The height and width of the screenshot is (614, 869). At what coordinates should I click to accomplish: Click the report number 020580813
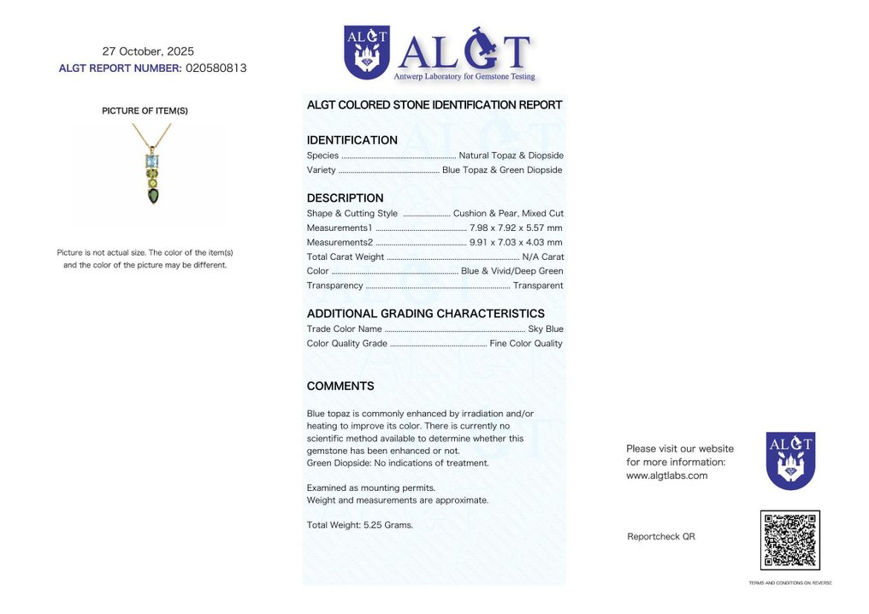point(216,68)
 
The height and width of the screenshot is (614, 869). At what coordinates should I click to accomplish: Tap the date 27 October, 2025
point(148,51)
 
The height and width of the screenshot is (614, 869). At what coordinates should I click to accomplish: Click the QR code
point(789,540)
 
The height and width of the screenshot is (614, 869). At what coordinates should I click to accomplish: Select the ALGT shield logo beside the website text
point(790,460)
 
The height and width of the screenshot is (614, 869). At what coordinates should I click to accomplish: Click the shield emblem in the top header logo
point(366,51)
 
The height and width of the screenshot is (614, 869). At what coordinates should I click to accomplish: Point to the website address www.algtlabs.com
point(667,475)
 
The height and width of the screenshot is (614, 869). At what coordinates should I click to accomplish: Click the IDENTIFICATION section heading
point(352,140)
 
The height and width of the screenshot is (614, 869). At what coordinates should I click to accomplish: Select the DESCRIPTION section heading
point(346,198)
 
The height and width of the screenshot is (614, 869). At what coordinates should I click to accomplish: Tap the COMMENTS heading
point(340,387)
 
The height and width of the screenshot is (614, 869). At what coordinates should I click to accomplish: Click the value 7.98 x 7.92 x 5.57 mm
point(516,227)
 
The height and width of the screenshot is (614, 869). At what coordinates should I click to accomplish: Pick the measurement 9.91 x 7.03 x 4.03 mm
point(516,242)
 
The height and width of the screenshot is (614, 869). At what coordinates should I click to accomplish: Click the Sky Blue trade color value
point(546,328)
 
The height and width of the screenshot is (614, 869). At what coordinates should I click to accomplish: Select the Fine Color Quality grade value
point(526,343)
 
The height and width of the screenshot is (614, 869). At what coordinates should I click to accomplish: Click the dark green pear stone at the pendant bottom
point(152,196)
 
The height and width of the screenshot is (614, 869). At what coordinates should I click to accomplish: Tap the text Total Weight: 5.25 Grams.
point(360,525)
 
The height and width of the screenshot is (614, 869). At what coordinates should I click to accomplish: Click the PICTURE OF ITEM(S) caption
point(145,110)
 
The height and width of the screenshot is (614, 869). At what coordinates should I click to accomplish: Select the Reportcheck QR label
point(661,536)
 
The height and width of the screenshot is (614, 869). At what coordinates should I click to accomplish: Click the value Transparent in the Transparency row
point(538,286)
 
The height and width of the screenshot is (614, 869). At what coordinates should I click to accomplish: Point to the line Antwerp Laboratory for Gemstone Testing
point(464,77)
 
